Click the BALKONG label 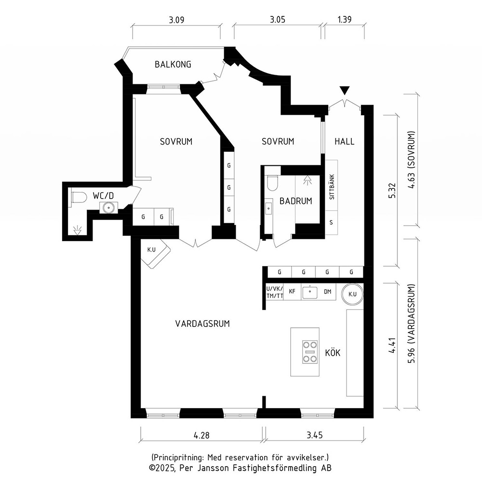tap(173, 64)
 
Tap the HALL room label tap(344, 141)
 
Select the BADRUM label tap(296, 201)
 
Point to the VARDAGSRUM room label tap(202, 324)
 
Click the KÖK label tap(333, 352)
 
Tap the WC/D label tap(103, 196)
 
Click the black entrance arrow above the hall tap(345, 91)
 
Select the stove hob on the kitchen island tap(309, 352)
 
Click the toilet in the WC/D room tap(79, 197)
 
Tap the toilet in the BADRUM tap(272, 183)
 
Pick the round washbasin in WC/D tap(108, 207)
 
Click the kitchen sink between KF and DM tap(310, 292)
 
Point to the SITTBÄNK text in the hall tap(332, 187)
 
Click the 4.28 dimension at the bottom tap(201, 435)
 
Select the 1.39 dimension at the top tap(344, 19)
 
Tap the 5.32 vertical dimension tap(392, 190)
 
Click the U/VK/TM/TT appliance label tap(275, 292)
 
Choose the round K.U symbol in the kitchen tap(352, 294)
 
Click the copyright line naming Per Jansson tap(240, 468)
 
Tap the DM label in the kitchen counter tap(328, 292)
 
